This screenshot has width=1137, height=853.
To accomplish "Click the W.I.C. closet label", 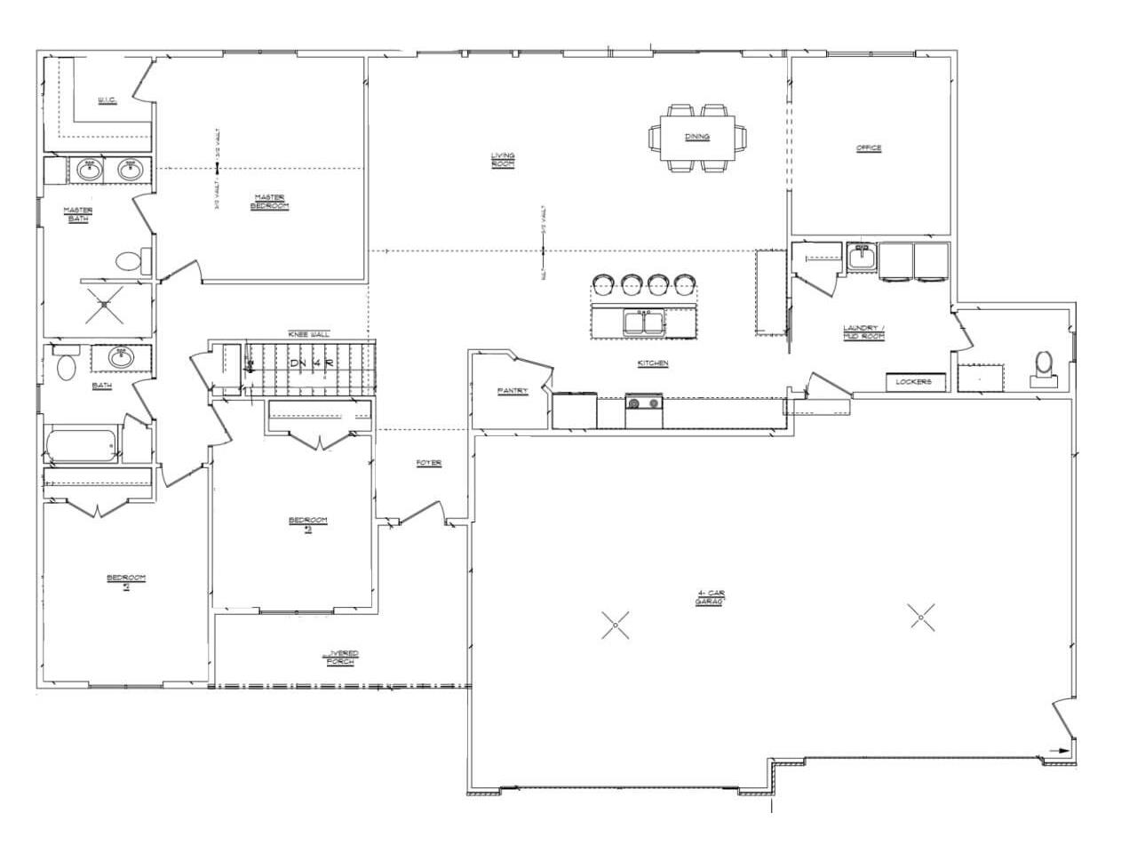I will click(x=107, y=100).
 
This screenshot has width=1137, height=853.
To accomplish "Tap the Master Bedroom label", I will click(x=270, y=202).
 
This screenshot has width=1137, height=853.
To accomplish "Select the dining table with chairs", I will click(x=697, y=137).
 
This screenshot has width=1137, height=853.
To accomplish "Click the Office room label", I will click(x=868, y=147).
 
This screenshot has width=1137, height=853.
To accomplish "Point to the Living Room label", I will click(x=503, y=160).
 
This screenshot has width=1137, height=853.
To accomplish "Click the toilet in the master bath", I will click(x=131, y=261).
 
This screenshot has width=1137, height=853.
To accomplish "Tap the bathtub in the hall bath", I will click(x=82, y=444).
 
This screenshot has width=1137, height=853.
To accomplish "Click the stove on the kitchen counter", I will click(x=644, y=404).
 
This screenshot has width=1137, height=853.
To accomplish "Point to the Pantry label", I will click(x=513, y=391).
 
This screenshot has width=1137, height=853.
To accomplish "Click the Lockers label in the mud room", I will click(x=913, y=382).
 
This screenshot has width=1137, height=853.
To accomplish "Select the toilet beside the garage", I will click(x=1044, y=365).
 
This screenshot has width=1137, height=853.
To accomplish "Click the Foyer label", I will click(x=429, y=463).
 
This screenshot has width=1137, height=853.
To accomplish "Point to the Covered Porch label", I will click(x=341, y=658).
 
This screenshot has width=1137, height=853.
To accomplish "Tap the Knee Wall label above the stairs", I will click(x=308, y=334).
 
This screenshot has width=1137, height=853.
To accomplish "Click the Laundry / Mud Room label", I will click(x=863, y=331).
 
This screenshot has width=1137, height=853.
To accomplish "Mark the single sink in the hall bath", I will click(x=121, y=357).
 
